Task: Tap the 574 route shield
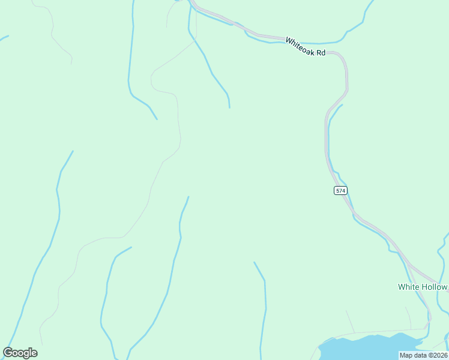tap(340, 190)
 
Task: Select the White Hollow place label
tap(423, 287)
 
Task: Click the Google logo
tap(20, 353)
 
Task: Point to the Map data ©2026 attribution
tap(423, 355)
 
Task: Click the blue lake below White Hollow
tap(366, 347)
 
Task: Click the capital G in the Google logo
tap(8, 353)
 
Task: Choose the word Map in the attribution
tap(406, 355)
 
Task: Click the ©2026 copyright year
tap(437, 355)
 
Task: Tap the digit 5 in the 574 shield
tap(337, 190)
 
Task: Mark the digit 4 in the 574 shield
tap(343, 190)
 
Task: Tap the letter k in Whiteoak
tap(313, 50)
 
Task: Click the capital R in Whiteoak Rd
tap(318, 52)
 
